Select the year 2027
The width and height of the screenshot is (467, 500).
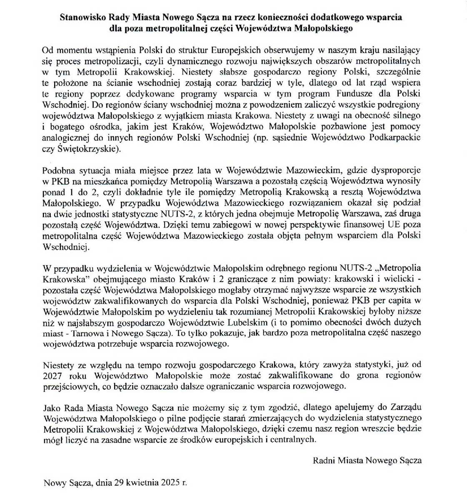pos(52,375)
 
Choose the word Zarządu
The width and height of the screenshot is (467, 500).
pos(407,407)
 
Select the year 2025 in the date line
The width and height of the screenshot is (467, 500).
pos(170,483)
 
